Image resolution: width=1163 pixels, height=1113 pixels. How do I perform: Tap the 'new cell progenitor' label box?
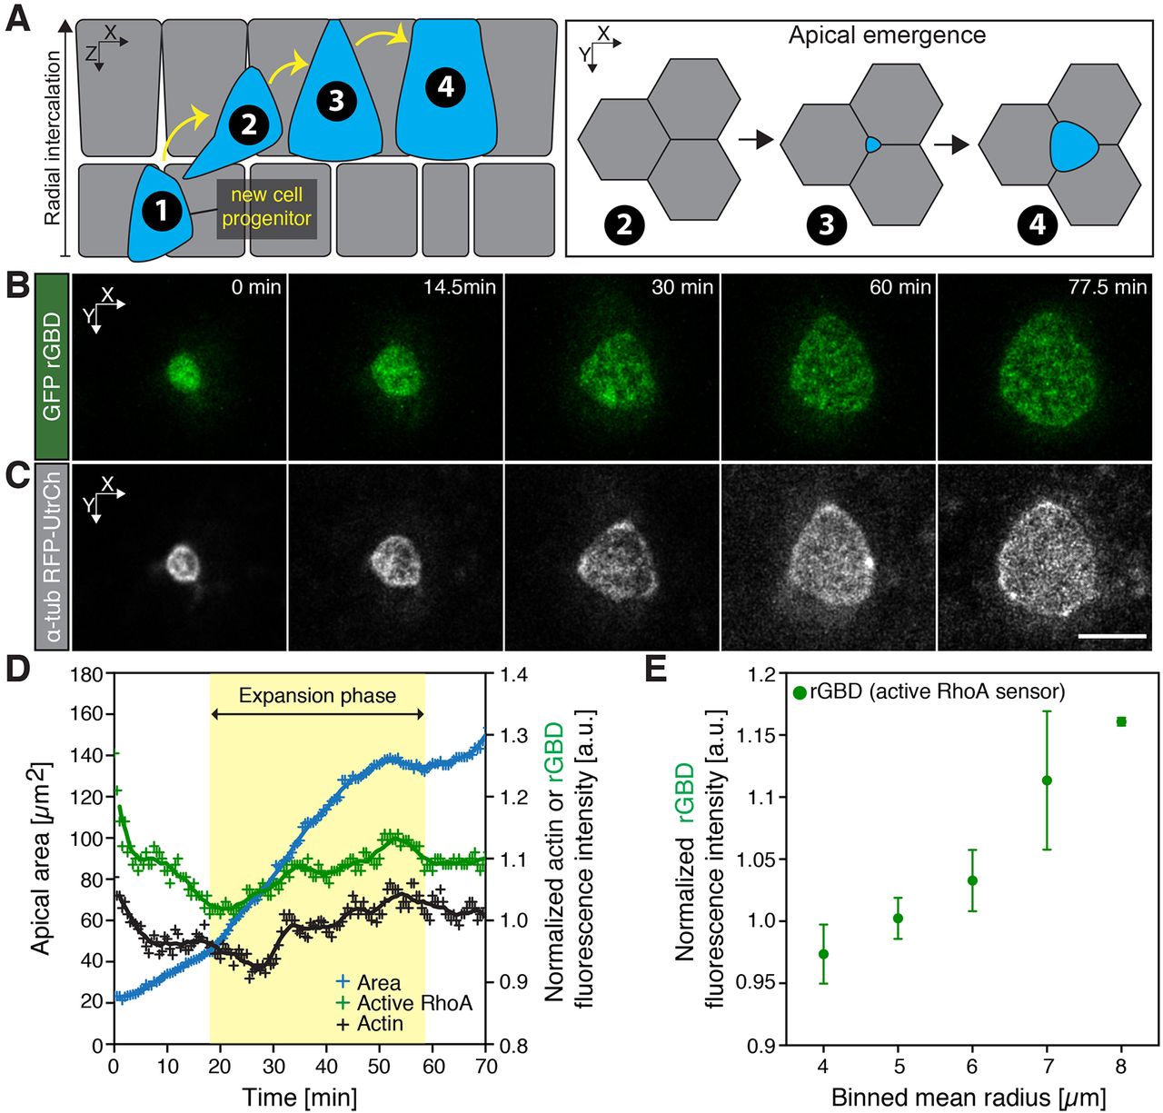266,207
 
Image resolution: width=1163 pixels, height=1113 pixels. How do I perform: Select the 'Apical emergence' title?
886,35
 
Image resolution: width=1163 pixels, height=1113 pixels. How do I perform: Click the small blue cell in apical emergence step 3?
872,144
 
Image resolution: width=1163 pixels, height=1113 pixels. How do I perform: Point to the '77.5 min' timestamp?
1108,287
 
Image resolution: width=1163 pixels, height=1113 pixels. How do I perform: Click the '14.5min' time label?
459,287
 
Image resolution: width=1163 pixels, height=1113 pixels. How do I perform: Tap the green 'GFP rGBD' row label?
52,366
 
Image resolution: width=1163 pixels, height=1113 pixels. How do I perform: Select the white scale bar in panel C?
1112,636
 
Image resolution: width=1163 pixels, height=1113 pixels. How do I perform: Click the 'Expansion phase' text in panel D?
317,696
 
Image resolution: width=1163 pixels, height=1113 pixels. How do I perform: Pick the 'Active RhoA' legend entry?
414,1003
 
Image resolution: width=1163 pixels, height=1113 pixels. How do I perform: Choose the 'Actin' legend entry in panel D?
380,1024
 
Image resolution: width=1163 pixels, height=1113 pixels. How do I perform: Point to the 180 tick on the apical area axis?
88,674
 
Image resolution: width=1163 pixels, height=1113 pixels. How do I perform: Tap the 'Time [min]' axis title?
299,1097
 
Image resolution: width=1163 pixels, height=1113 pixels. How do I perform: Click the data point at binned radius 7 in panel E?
1047,780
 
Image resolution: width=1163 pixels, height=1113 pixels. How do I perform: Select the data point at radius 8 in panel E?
1121,721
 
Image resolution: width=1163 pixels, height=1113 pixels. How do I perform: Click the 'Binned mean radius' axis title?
968,1097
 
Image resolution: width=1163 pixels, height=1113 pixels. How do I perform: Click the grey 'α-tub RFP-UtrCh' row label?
52,557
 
